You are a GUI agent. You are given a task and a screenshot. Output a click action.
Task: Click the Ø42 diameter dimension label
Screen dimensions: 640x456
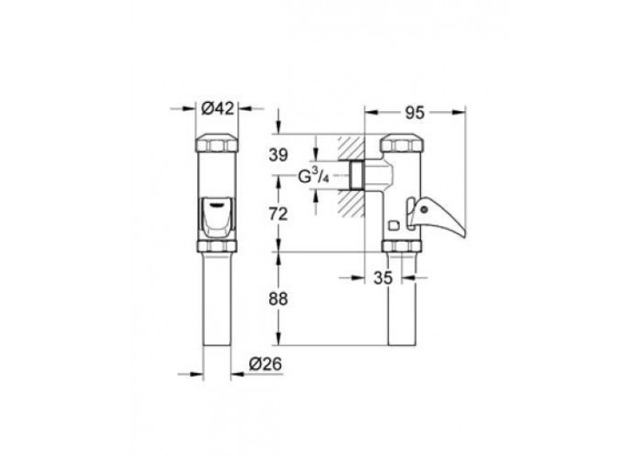pos(218,109)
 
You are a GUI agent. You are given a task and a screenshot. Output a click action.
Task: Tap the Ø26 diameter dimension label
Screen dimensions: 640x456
pos(265,364)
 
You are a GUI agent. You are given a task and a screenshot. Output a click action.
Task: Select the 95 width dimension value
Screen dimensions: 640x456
pos(415,113)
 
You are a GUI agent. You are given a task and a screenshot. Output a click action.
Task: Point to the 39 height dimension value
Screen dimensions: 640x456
pos(279,155)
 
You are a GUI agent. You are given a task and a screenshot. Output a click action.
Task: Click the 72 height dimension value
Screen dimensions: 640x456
pos(279,214)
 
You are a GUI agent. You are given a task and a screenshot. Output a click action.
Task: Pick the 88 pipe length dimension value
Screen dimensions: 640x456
pos(279,299)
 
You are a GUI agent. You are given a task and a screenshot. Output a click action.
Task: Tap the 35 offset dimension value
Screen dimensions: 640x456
pos(383,278)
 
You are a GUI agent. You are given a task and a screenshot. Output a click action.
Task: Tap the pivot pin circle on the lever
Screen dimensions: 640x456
pos(425,210)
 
